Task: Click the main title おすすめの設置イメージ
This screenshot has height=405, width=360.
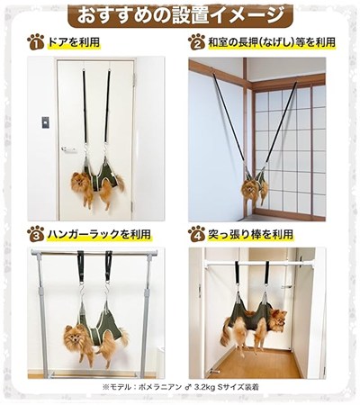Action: pyautogui.click(x=180, y=15)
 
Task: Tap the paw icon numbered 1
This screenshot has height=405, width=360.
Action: pyautogui.click(x=35, y=42)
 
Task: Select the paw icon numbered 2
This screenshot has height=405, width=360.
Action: pyautogui.click(x=196, y=42)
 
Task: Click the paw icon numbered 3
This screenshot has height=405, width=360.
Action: pyautogui.click(x=35, y=234)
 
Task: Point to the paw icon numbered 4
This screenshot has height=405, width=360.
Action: pyautogui.click(x=196, y=234)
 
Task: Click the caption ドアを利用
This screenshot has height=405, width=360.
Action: pyautogui.click(x=74, y=42)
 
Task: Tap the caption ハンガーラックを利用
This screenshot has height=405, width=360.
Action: pyautogui.click(x=99, y=234)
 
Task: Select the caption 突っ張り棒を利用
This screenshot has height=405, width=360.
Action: pyautogui.click(x=250, y=234)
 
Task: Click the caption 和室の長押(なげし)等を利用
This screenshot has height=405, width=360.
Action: pyautogui.click(x=272, y=42)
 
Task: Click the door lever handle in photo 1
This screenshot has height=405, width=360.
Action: pyautogui.click(x=68, y=148)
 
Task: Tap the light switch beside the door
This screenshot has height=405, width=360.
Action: pyautogui.click(x=45, y=122)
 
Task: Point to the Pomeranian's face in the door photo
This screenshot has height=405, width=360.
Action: pyautogui.click(x=77, y=182)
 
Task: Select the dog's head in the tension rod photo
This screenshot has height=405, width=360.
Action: pyautogui.click(x=278, y=319)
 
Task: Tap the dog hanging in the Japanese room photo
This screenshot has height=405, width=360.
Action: pyautogui.click(x=255, y=186)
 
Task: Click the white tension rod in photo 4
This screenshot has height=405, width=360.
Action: pyautogui.click(x=251, y=264)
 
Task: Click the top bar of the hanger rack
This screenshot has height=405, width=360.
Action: pyautogui.click(x=94, y=252)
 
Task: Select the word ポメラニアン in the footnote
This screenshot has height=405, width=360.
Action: pyautogui.click(x=159, y=387)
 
